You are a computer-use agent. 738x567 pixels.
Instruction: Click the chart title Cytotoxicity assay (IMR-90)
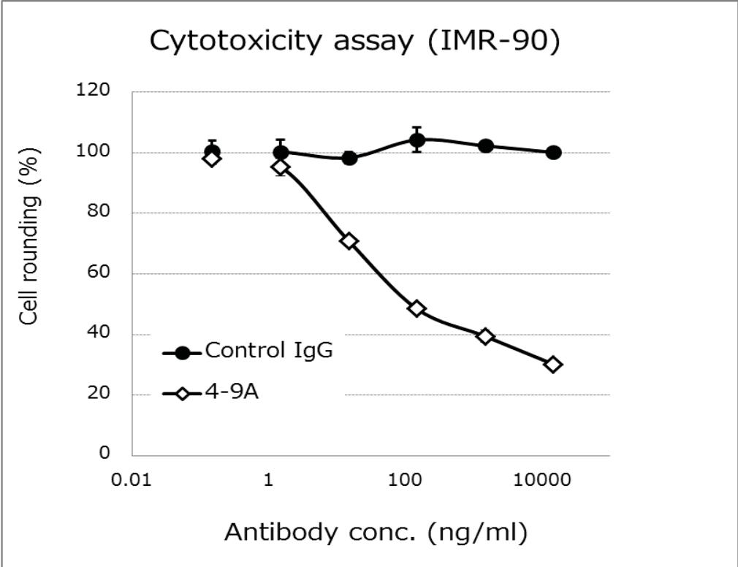[x=355, y=42]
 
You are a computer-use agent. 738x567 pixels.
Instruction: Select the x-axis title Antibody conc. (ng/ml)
[x=375, y=532]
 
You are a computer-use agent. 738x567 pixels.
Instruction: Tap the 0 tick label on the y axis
[x=105, y=454]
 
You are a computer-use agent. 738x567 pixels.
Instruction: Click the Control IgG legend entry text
[x=268, y=351]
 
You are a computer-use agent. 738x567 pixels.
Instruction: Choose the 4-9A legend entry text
[x=233, y=394]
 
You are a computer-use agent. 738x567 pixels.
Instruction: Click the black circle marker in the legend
[x=183, y=353]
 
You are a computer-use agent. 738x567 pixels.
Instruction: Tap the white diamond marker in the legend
[x=183, y=395]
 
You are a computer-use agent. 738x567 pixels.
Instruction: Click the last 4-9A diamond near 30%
[x=553, y=365]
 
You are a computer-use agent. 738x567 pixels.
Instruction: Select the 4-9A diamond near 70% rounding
[x=349, y=241]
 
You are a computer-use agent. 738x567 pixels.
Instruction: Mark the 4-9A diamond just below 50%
[x=416, y=308]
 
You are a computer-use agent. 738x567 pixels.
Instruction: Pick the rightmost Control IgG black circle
[x=553, y=153]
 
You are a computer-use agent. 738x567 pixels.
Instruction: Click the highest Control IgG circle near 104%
[x=416, y=140]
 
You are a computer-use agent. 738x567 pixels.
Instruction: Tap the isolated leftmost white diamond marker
[x=212, y=159]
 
